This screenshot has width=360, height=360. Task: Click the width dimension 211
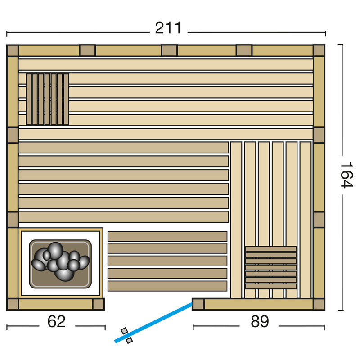tap(168, 28)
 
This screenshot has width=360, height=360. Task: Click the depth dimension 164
tap(346, 175)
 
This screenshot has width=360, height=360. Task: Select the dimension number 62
tap(57, 321)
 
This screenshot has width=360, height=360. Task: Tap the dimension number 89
tap(260, 321)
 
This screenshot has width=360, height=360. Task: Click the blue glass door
tap(153, 323)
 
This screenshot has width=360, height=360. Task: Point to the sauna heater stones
tap(60, 261)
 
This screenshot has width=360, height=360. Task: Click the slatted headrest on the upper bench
tap(48, 99)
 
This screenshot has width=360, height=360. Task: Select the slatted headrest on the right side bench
tap(271, 267)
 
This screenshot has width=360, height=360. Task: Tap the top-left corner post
tap(13, 50)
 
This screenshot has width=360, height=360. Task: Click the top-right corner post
tap(319, 50)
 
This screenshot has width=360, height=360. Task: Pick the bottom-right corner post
tap(319, 304)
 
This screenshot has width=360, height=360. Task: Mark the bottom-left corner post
tap(13, 304)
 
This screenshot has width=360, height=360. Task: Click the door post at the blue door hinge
tap(198, 304)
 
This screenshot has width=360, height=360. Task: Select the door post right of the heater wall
tap(99, 304)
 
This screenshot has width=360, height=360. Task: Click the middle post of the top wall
tap(170, 50)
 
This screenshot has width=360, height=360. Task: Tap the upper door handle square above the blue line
tap(124, 331)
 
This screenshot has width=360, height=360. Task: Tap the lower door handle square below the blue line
tap(129, 340)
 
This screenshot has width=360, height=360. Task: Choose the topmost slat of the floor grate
tap(167, 236)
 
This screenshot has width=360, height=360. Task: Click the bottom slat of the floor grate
tap(167, 286)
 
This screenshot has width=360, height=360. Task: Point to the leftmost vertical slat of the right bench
tap(236, 220)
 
